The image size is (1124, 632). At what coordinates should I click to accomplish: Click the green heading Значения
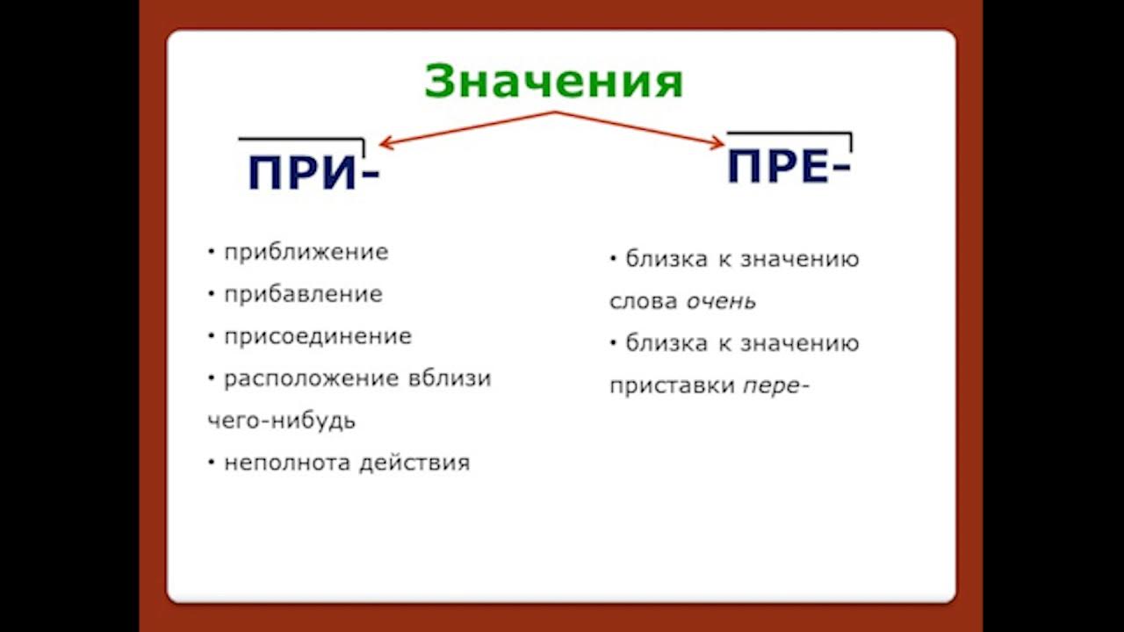pyautogui.click(x=553, y=82)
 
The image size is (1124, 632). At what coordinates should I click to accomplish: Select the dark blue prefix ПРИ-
pyautogui.click(x=313, y=172)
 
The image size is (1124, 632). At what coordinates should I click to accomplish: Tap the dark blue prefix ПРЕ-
pyautogui.click(x=789, y=166)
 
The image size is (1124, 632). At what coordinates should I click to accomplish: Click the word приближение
pyautogui.click(x=306, y=252)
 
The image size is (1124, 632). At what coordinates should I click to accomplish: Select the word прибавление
pyautogui.click(x=303, y=294)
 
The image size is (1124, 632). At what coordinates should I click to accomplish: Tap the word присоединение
pyautogui.click(x=317, y=336)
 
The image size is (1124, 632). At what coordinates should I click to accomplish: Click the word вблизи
pyautogui.click(x=450, y=378)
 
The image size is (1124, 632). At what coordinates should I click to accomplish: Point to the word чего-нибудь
pyautogui.click(x=281, y=420)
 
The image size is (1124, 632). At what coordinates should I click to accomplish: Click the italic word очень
pyautogui.click(x=721, y=301)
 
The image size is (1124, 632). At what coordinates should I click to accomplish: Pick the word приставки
pyautogui.click(x=672, y=386)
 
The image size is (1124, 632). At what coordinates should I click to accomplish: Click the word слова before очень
pyautogui.click(x=643, y=301)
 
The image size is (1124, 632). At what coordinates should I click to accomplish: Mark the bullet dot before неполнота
pyautogui.click(x=212, y=462)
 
